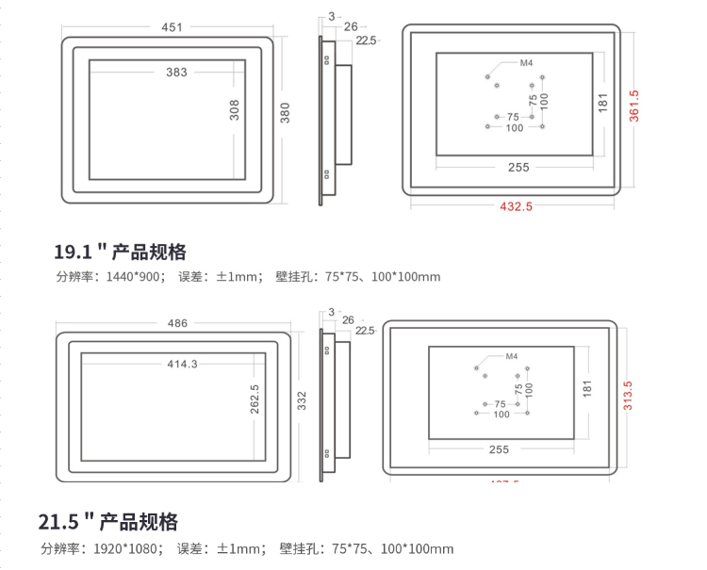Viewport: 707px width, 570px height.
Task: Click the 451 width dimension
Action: (x=172, y=27)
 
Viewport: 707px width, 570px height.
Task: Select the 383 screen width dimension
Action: (x=176, y=72)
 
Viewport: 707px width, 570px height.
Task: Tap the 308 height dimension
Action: (x=235, y=109)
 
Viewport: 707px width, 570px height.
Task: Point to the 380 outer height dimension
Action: (x=286, y=113)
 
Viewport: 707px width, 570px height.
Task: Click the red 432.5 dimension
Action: (x=516, y=206)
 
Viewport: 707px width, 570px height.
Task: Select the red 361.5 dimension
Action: (x=633, y=106)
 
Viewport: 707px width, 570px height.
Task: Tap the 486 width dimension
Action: (x=177, y=322)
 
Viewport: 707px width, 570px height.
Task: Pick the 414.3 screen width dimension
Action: (x=182, y=364)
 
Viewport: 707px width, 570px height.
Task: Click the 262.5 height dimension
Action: (x=255, y=399)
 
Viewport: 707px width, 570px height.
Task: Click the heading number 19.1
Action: (x=73, y=252)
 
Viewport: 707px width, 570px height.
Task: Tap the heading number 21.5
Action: (x=58, y=522)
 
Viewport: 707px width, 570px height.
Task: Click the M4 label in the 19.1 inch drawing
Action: (x=527, y=64)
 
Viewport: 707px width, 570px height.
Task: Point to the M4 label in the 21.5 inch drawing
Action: (x=512, y=357)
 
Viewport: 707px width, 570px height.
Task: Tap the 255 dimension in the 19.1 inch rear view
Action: (x=518, y=167)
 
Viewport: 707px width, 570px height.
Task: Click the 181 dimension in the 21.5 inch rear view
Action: (x=587, y=388)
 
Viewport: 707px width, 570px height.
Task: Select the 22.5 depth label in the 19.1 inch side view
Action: (x=366, y=41)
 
